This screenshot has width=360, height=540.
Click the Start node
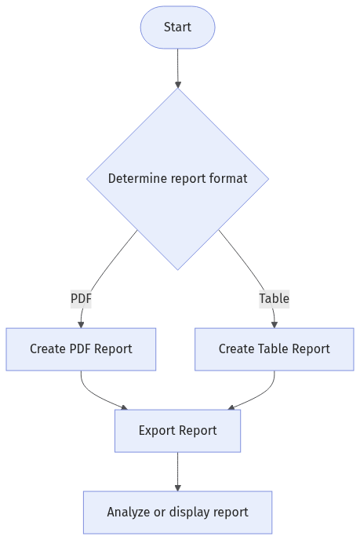tap(177, 27)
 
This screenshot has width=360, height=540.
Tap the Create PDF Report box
tap(81, 348)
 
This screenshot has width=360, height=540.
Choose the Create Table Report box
tap(274, 348)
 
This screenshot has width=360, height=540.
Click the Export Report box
tap(177, 430)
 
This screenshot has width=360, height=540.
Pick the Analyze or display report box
tap(177, 512)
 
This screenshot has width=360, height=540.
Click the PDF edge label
tap(81, 298)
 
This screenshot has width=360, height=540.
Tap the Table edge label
tap(274, 298)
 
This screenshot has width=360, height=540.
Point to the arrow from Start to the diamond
tap(177, 67)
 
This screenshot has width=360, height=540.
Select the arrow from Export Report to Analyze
tap(177, 471)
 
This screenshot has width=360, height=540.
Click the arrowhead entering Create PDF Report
tap(81, 323)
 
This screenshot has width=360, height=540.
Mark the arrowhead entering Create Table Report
tap(274, 323)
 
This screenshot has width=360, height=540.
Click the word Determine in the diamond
tap(135, 178)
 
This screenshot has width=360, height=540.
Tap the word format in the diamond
tap(228, 178)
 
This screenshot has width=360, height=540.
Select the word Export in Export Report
tap(157, 430)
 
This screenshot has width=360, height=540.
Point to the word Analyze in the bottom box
tap(129, 512)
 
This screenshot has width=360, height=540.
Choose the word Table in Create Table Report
tap(273, 348)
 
